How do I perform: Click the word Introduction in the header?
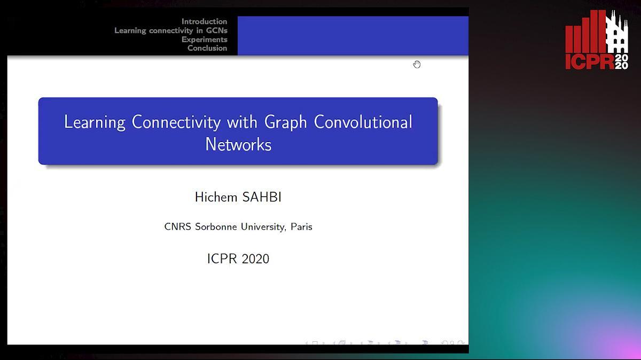(204, 21)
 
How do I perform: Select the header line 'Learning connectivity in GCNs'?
(171, 30)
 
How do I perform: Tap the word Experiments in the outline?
(204, 39)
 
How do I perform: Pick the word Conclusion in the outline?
(207, 48)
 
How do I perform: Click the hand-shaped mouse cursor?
(417, 65)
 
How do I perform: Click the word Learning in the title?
(95, 122)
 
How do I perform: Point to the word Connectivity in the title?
(176, 122)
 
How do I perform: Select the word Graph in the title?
(286, 122)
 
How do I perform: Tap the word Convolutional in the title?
(363, 122)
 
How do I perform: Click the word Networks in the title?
(238, 144)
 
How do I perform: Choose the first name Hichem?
(216, 197)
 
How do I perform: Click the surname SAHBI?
(262, 197)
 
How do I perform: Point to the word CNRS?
(177, 226)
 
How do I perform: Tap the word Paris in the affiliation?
(301, 226)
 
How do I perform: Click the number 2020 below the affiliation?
(255, 259)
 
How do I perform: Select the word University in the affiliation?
(263, 226)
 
